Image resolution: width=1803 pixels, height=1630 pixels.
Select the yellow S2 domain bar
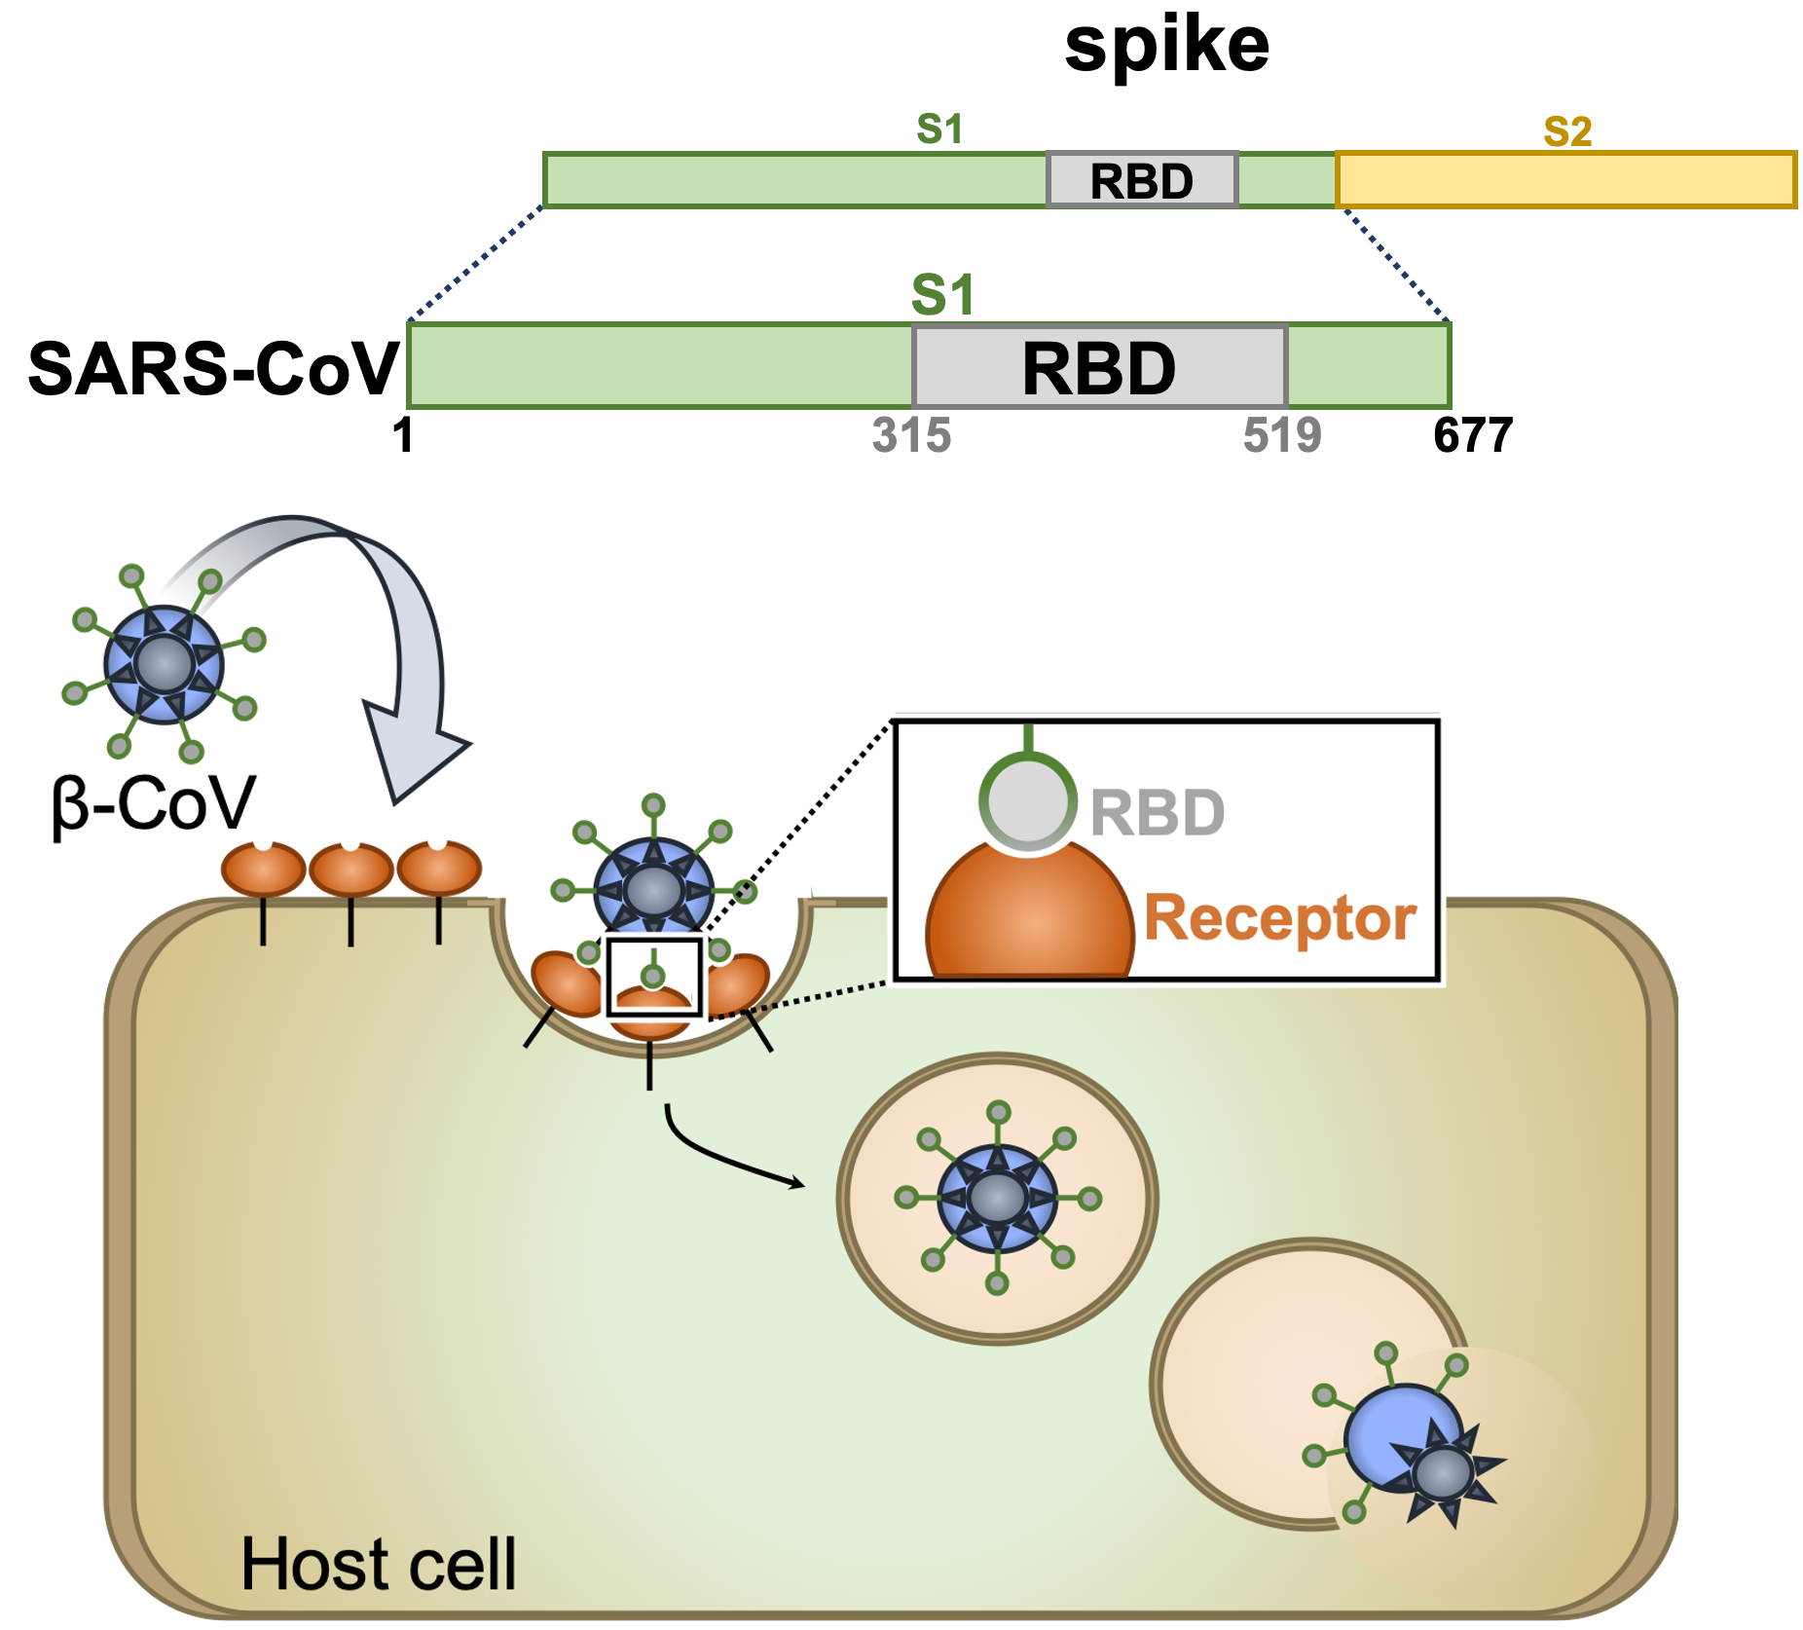click(x=1565, y=180)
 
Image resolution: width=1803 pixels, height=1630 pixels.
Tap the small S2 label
click(x=1567, y=131)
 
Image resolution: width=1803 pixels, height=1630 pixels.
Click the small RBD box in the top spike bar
click(x=1142, y=180)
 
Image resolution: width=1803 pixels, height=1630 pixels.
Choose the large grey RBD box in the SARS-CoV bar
click(x=1099, y=367)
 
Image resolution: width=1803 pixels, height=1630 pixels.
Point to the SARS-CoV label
click(x=213, y=370)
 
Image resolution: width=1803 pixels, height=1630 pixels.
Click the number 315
click(x=911, y=435)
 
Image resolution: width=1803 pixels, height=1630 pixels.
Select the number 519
click(x=1282, y=435)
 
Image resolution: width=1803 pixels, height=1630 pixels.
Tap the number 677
click(x=1473, y=435)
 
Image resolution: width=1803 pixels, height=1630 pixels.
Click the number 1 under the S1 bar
click(x=403, y=435)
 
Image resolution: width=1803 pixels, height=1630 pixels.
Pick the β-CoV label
click(x=153, y=804)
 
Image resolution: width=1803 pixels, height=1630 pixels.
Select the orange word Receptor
click(x=1279, y=918)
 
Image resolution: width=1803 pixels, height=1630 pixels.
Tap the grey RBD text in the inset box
click(x=1157, y=812)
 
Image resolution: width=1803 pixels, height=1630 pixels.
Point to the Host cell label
click(x=378, y=1565)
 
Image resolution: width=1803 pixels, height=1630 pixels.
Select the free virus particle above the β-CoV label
click(x=165, y=664)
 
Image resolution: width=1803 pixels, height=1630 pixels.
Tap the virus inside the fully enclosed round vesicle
click(x=997, y=1198)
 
